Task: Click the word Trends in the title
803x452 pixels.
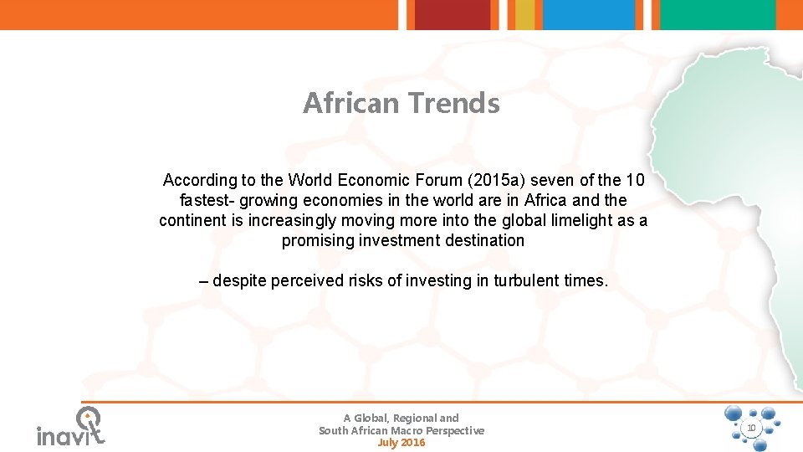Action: (453, 104)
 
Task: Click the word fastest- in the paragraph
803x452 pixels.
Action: (207, 200)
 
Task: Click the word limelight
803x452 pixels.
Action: (585, 220)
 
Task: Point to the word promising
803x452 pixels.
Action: (316, 240)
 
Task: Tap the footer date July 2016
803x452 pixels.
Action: (401, 442)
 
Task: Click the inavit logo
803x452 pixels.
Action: (71, 427)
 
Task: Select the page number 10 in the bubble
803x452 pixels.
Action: (751, 428)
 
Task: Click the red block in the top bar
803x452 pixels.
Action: (453, 14)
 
